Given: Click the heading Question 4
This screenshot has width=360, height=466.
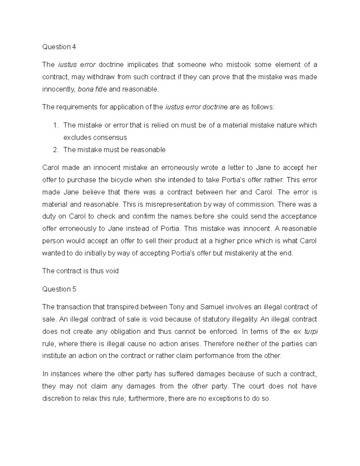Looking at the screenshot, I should [59, 47].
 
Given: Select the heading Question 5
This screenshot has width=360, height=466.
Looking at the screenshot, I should [59, 289].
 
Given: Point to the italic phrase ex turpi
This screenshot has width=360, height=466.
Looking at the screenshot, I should [305, 332].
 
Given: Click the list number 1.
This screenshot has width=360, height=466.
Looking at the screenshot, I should [55, 125].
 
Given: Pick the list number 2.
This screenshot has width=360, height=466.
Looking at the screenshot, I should [55, 150].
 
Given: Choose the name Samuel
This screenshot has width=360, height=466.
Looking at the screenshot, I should [212, 307].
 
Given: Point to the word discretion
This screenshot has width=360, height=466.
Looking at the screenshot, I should [57, 398].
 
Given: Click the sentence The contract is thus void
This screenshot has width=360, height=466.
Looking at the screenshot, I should [80, 271].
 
